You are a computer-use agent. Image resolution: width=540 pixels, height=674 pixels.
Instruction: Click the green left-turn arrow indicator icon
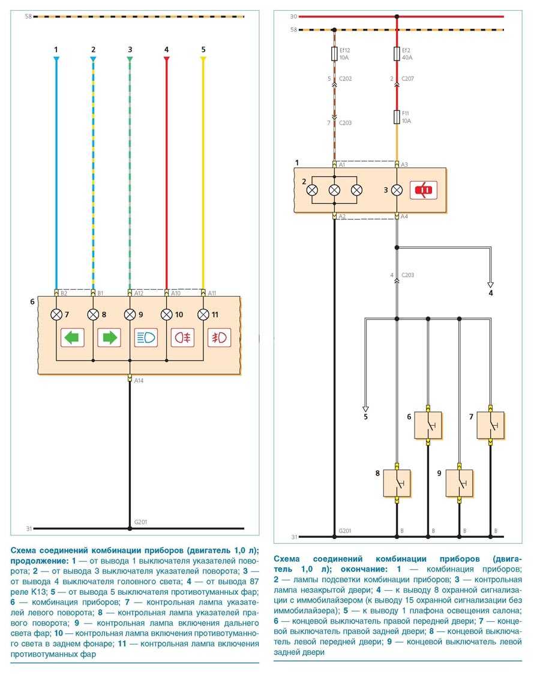pyautogui.click(x=73, y=338)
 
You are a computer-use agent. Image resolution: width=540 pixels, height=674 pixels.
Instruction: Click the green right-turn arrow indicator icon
pyautogui.click(x=109, y=338)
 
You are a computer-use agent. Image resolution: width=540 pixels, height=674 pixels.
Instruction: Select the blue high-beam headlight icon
pyautogui.click(x=146, y=338)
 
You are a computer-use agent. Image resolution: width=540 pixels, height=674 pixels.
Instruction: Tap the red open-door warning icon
pyautogui.click(x=424, y=190)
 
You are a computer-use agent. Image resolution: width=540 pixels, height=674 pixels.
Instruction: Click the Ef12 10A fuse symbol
pyautogui.click(x=334, y=55)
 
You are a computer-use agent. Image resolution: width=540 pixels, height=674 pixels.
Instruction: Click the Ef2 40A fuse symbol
pyautogui.click(x=397, y=55)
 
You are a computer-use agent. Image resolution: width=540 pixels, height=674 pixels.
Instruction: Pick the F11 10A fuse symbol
pyautogui.click(x=397, y=116)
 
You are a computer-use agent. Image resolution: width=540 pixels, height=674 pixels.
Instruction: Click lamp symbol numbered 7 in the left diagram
pyautogui.click(x=56, y=314)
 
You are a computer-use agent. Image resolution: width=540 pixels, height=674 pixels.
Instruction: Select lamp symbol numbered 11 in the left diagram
pyautogui.click(x=203, y=314)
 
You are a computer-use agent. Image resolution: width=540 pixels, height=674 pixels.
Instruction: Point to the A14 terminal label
pyautogui.click(x=139, y=380)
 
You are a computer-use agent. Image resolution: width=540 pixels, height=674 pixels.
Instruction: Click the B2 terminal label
pyautogui.click(x=64, y=293)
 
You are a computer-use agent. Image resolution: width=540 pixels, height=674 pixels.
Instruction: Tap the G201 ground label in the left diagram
pyautogui.click(x=140, y=522)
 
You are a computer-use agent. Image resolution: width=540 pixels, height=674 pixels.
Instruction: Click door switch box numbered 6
pyautogui.click(x=428, y=425)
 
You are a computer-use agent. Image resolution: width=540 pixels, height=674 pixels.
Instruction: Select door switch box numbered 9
pyautogui.click(x=459, y=483)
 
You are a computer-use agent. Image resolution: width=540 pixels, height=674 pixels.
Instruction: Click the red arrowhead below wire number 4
pyautogui.click(x=167, y=59)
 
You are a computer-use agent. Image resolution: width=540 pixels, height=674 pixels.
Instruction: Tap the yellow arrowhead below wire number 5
pyautogui.click(x=203, y=59)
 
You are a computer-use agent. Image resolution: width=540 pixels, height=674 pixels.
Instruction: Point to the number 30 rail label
pyautogui.click(x=293, y=17)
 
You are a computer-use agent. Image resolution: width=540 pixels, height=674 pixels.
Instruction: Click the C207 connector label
pyautogui.click(x=408, y=79)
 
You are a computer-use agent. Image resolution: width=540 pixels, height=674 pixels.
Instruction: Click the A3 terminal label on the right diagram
pyautogui.click(x=406, y=164)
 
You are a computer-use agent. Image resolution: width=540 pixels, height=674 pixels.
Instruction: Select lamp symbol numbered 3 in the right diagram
pyautogui.click(x=397, y=190)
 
